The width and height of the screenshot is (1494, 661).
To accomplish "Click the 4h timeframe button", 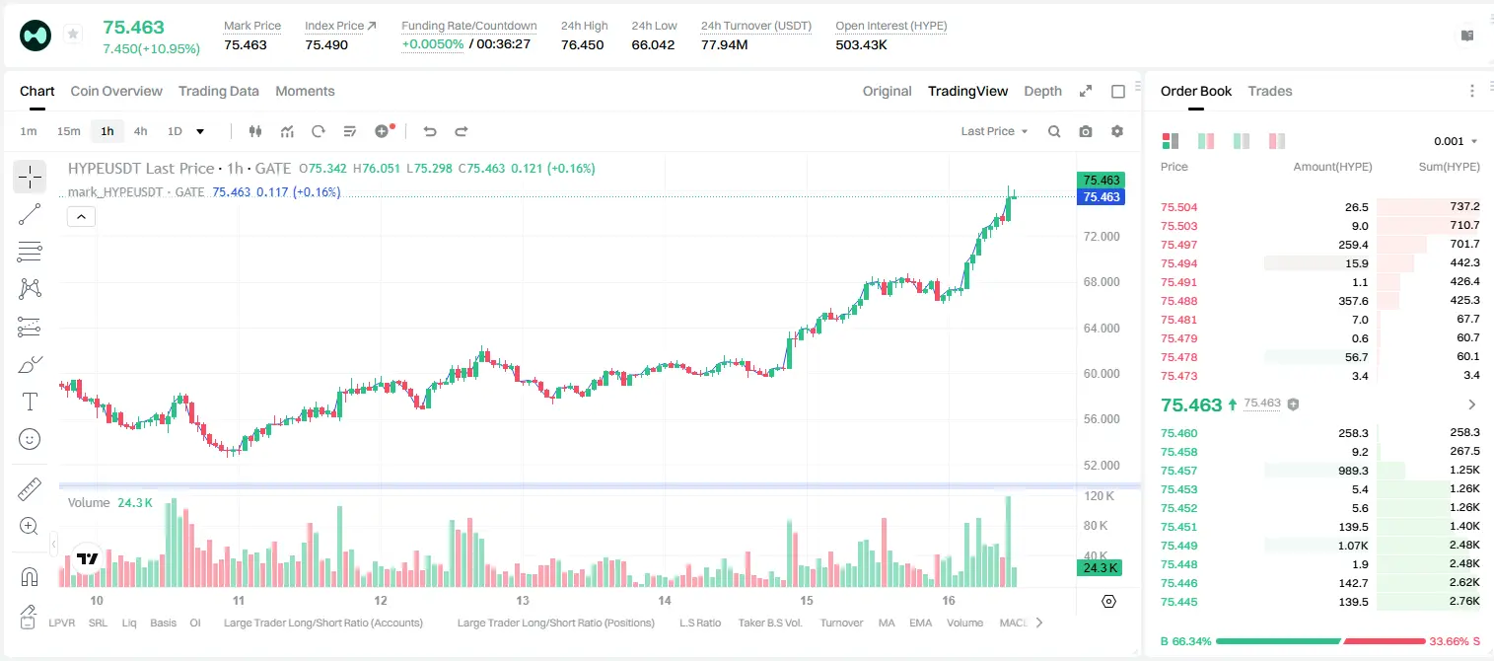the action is point(140,131).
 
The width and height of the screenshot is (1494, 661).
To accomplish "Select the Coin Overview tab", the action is point(116,91).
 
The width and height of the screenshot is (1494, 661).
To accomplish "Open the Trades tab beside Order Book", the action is point(1270,91).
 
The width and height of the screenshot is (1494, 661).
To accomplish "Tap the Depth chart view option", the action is point(1042,91).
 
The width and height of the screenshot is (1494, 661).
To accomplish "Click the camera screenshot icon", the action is point(1086,131).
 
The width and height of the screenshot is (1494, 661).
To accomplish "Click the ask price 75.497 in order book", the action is point(1178,245).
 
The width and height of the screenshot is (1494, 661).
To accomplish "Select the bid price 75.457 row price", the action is point(1178,471).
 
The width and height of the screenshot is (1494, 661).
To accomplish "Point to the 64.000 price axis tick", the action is point(1102,328).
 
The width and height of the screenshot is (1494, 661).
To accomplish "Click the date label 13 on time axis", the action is point(523,600).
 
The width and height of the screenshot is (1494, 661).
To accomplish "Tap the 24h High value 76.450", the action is point(582,44).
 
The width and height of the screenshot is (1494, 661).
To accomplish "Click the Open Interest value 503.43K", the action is point(861,44).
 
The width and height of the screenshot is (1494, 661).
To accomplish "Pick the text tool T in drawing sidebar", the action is point(30,402).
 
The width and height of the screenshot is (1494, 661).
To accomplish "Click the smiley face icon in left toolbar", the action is point(30,439).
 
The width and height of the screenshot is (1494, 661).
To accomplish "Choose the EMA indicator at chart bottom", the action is point(920,623).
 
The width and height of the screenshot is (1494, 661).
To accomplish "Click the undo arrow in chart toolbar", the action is point(430,131).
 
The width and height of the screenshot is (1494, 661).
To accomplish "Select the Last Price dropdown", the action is point(994,131).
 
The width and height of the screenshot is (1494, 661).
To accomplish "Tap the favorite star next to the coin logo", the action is point(73,34).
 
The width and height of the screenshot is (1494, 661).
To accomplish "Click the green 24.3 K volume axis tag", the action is point(1100,567).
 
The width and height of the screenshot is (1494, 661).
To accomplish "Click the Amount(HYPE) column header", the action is point(1332,167).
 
